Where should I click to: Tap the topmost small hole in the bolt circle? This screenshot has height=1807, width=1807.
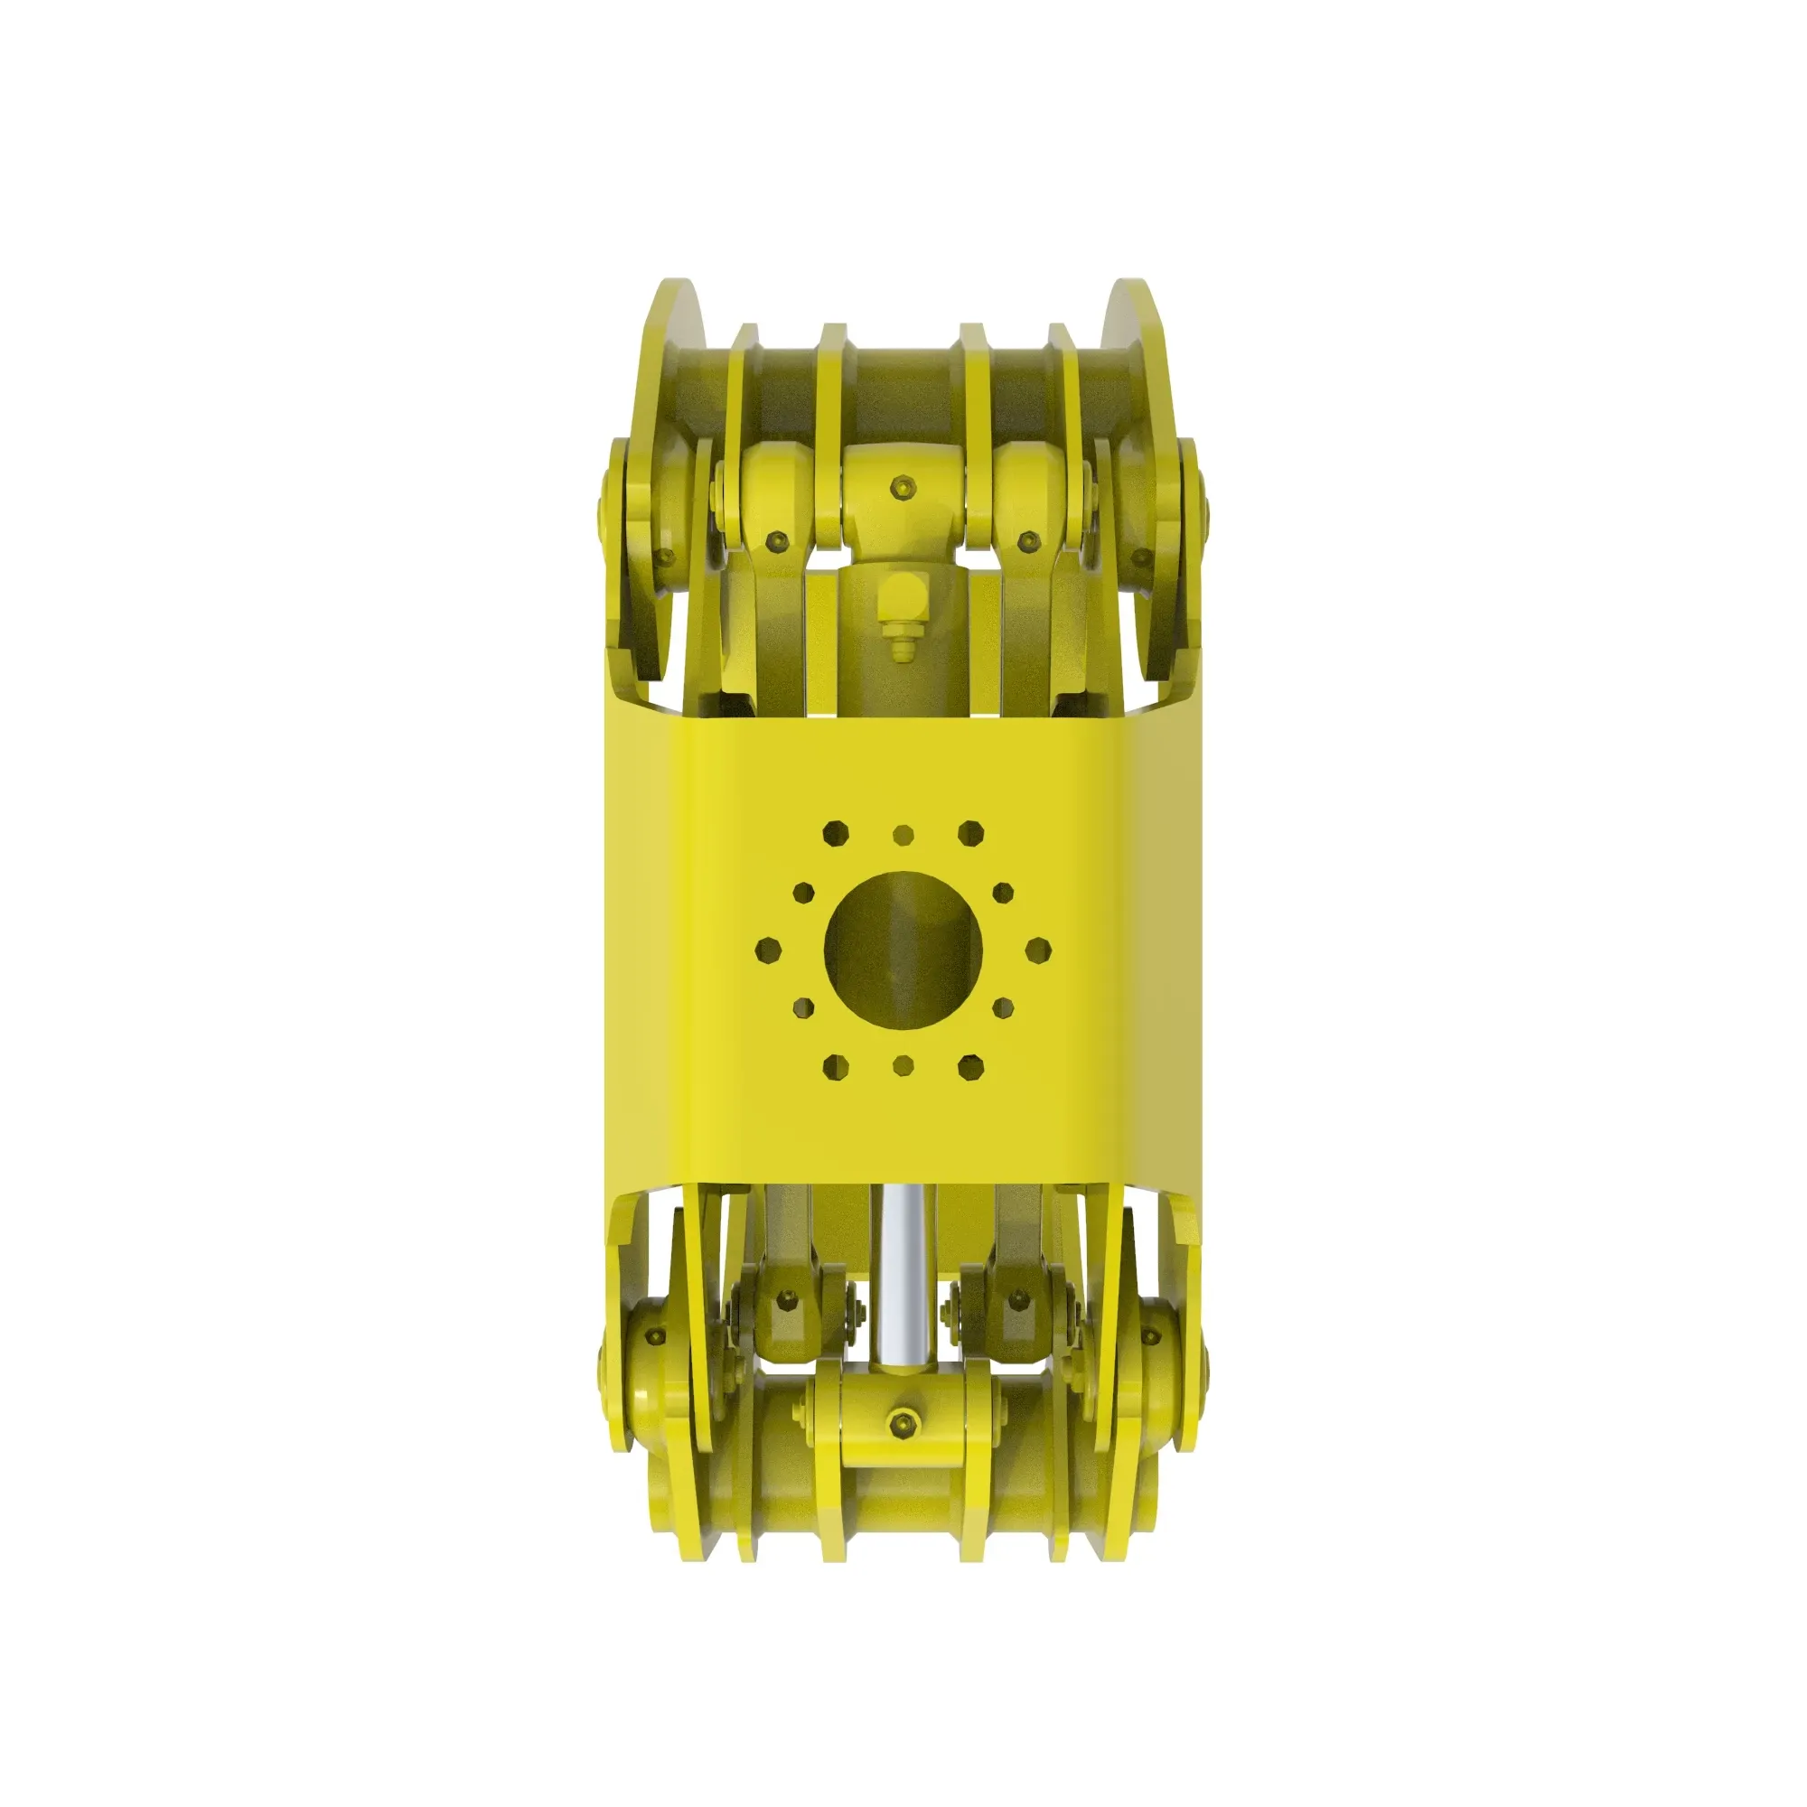point(903,832)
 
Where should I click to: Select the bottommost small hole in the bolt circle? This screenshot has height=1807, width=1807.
point(903,1064)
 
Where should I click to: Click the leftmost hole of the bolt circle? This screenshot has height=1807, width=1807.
point(767,950)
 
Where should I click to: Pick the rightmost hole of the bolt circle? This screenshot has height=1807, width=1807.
point(1038,950)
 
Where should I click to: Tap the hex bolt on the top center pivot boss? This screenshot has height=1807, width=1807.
point(903,487)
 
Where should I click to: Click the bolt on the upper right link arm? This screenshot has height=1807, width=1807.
point(1029,540)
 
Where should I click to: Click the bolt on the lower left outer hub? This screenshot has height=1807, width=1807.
point(655,1335)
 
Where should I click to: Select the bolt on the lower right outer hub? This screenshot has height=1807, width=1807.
point(1150,1335)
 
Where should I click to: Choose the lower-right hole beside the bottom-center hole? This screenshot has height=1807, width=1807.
point(972,1065)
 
